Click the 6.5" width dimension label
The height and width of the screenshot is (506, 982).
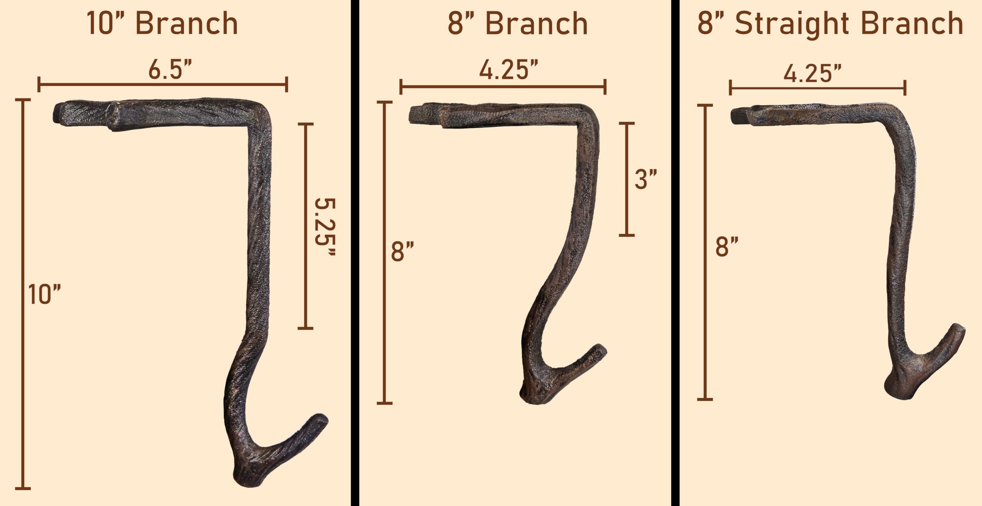point(170,70)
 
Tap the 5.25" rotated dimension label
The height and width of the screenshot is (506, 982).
point(325,227)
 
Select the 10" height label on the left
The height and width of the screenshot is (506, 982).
point(44,294)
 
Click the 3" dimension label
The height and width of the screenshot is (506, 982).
point(646,179)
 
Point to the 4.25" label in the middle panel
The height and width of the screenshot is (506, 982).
point(509,70)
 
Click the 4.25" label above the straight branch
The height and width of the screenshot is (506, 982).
point(812,73)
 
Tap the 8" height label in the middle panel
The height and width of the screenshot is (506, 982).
point(402,252)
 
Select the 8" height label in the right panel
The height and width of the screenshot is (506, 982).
point(727,247)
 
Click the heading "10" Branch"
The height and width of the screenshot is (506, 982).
point(162,24)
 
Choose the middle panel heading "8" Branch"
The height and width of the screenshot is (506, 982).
point(518,24)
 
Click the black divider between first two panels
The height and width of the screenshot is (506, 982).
point(355,253)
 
